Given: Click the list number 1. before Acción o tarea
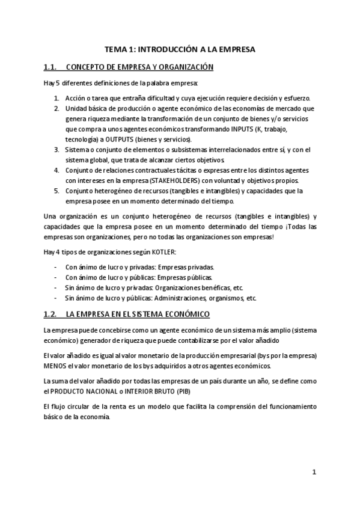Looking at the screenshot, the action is tap(56, 98).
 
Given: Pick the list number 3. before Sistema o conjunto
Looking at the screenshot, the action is tap(56, 149).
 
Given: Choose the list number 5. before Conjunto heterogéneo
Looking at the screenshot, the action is tap(56, 191).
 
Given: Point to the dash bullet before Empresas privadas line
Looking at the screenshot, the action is tap(56, 267).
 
